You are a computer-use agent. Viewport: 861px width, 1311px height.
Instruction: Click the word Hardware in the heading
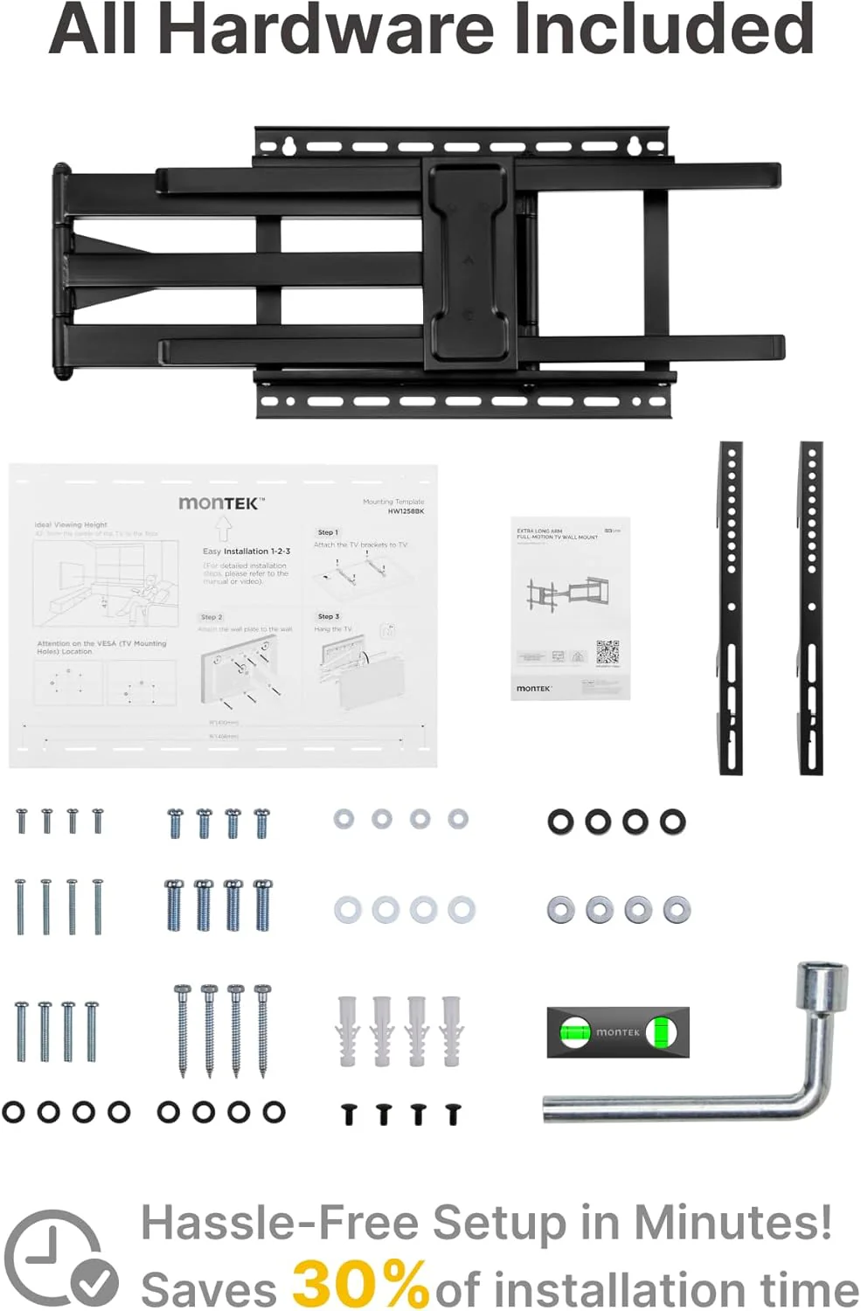click(x=325, y=28)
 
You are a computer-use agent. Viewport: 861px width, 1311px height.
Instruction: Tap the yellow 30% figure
click(x=359, y=1283)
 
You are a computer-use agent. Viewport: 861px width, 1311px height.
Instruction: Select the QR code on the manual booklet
click(x=608, y=652)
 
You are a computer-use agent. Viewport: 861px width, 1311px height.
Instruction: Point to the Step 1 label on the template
click(x=328, y=532)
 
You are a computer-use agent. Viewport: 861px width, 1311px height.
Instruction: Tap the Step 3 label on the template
click(x=328, y=616)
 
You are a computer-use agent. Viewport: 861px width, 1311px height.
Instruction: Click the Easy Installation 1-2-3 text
click(x=246, y=551)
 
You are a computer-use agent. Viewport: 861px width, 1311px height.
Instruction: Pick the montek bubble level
click(x=618, y=1032)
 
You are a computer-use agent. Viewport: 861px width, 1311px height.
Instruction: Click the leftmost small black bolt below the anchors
click(x=349, y=1114)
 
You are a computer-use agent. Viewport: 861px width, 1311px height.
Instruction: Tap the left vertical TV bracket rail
click(x=731, y=607)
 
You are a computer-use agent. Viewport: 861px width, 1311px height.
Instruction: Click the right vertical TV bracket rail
click(x=811, y=607)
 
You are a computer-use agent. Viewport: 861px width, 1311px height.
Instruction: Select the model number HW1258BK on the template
click(x=406, y=511)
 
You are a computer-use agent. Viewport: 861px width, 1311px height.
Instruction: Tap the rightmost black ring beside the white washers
click(x=673, y=822)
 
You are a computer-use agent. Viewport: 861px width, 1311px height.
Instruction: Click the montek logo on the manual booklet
click(x=533, y=689)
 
